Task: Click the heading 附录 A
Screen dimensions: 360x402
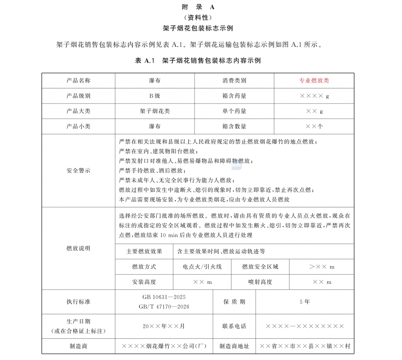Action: point(198,7)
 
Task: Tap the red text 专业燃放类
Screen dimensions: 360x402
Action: point(314,81)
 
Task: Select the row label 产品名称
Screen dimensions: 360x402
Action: point(78,81)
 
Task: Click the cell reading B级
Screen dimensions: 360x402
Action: point(154,96)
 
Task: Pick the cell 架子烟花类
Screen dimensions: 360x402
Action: point(154,111)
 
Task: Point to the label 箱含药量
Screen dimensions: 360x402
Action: point(234,96)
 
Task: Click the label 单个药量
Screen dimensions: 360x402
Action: point(234,111)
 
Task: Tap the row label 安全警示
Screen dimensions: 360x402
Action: point(78,170)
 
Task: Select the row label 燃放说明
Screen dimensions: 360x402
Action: point(78,248)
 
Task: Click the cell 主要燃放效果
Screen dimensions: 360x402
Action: point(144,251)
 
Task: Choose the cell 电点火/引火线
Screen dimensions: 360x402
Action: point(202,267)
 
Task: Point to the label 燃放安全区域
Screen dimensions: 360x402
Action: point(260,267)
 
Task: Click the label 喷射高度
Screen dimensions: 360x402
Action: point(260,282)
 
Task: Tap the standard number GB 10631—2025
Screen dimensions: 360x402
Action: point(164,297)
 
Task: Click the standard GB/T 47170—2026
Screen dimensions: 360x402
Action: point(164,306)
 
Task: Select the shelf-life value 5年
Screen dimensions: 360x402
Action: point(305,302)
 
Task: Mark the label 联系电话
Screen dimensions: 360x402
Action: point(234,326)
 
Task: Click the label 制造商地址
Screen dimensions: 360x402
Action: point(234,346)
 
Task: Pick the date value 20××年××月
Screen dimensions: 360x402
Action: point(164,326)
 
